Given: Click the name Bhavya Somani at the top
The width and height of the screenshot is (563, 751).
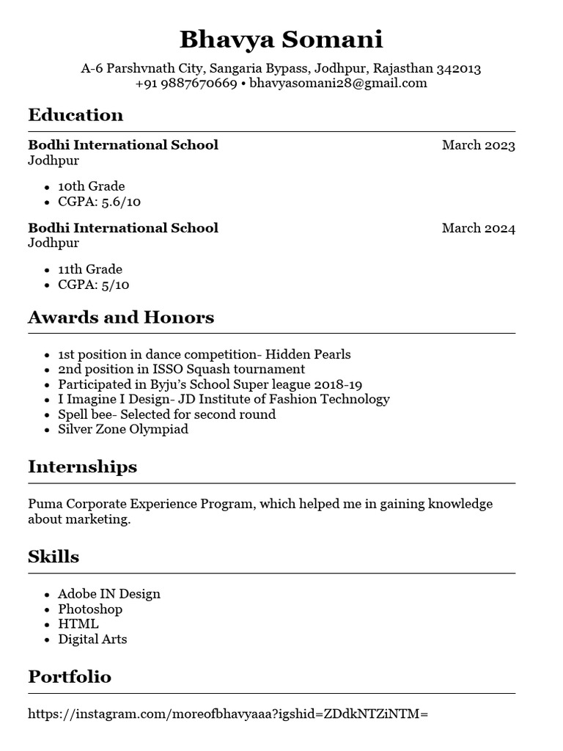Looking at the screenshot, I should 281,39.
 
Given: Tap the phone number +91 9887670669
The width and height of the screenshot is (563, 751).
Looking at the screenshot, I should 186,84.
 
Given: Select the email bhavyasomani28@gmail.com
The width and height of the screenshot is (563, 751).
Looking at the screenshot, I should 338,84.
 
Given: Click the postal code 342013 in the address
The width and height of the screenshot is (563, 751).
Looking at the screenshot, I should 458,69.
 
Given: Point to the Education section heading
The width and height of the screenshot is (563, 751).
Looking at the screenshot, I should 76,115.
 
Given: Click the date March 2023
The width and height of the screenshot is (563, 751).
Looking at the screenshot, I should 478,145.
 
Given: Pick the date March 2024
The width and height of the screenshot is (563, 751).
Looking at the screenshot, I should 478,228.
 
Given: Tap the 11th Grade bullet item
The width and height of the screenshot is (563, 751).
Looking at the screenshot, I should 90,269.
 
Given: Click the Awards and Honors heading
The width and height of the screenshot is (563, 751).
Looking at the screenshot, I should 121,318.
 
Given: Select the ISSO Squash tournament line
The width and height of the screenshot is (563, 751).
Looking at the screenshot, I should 181,370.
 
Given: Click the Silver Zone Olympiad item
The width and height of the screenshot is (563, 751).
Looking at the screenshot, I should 123,430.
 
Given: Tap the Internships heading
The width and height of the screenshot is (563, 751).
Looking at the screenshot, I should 82,467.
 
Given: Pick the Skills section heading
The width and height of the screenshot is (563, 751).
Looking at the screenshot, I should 54,557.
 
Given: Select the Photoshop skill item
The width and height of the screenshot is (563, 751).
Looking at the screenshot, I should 90,609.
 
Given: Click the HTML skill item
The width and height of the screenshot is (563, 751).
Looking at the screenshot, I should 78,624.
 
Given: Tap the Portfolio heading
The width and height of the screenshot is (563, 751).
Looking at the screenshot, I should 70,677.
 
